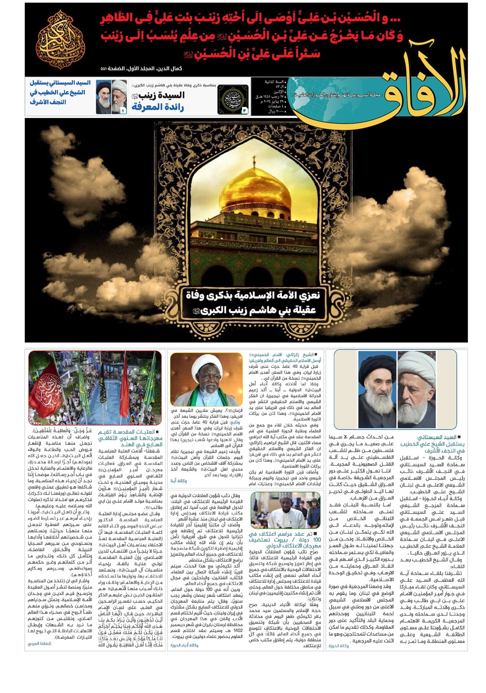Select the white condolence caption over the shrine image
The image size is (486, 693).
click(x=250, y=302)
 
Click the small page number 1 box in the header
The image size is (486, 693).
click(x=123, y=111)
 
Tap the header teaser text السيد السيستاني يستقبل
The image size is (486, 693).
click(x=60, y=92)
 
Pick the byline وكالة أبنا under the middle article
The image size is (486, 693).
click(x=178, y=480)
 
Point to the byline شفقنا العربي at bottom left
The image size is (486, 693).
click(x=39, y=643)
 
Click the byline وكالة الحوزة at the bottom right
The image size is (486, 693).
click(x=339, y=645)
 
